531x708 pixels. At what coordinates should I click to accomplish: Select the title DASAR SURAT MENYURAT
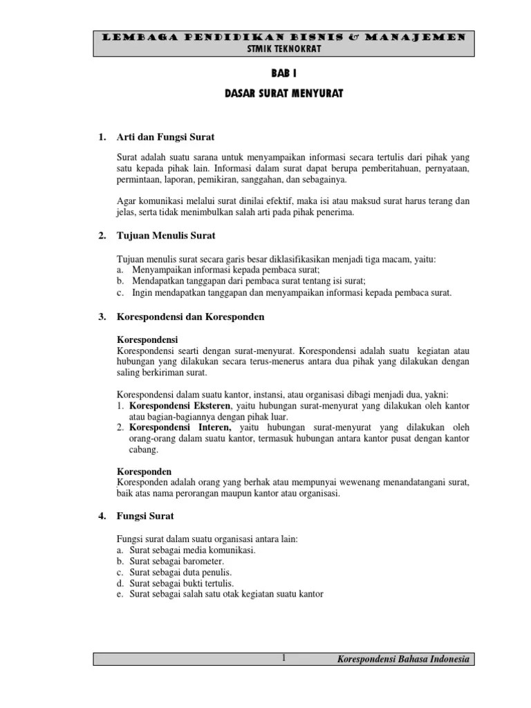[x=284, y=93]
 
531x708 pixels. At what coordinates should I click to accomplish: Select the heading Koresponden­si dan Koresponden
[x=191, y=317]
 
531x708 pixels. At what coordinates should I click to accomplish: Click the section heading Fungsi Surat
[x=145, y=516]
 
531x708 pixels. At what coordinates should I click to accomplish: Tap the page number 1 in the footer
[x=283, y=659]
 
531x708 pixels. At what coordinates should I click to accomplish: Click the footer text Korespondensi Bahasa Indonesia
[x=403, y=660]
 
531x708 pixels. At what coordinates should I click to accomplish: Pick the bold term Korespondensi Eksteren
[x=180, y=405]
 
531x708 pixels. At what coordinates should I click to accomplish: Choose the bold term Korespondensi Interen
[x=177, y=428]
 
